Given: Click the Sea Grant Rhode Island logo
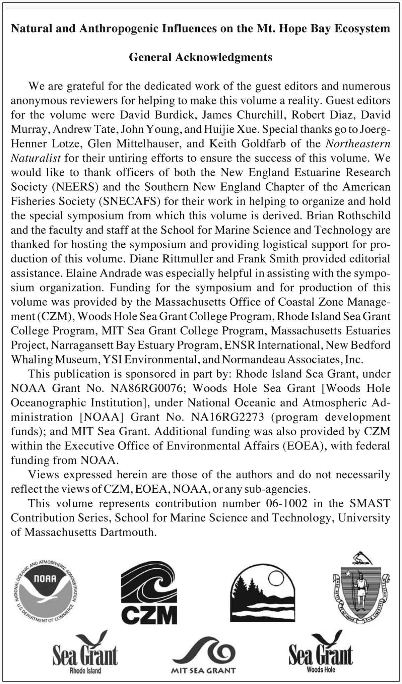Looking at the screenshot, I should pyautogui.click(x=85, y=652).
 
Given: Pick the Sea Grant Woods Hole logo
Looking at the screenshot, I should pyautogui.click(x=321, y=652).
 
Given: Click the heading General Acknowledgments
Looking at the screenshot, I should pyautogui.click(x=201, y=57).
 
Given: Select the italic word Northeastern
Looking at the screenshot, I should pyautogui.click(x=358, y=143).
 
